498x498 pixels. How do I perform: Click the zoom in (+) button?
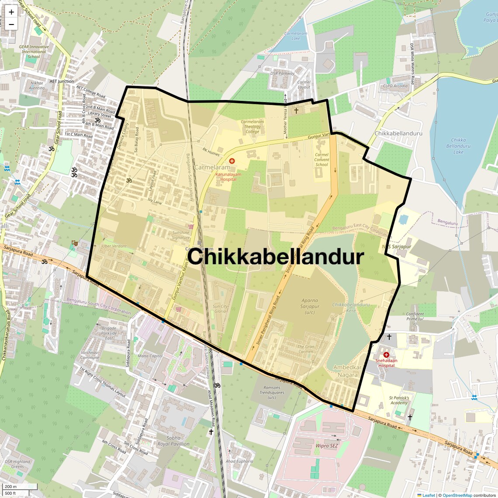tap(11, 12)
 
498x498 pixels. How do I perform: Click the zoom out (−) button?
tap(11, 24)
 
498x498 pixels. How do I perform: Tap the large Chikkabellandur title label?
tap(276, 257)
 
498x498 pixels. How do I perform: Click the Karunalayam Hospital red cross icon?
tap(232, 161)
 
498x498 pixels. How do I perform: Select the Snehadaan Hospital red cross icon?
tap(386, 355)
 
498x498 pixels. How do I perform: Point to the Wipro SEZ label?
tap(327, 446)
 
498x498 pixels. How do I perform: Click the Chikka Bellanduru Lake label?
tap(458, 146)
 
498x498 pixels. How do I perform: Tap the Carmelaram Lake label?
tap(296, 36)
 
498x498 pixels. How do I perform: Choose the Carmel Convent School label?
tap(322, 159)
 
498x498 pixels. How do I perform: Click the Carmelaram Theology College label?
tap(252, 127)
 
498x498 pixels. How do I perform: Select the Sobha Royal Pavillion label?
tap(173, 441)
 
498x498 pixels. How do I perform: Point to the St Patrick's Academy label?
tap(399, 400)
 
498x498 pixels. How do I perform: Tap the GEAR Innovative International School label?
tap(34, 51)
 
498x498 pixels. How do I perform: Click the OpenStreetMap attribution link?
tap(457, 495)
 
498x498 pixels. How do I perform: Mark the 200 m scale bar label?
tap(11, 487)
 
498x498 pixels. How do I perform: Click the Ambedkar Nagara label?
tap(348, 371)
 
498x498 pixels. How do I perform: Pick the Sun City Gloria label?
tap(220, 309)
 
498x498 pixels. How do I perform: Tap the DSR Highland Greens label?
tap(17, 464)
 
